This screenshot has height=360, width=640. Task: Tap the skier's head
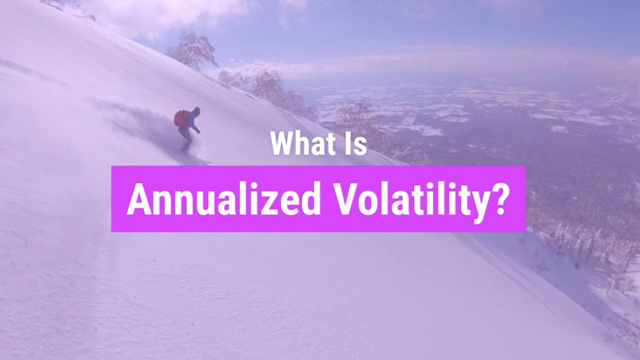[x=196, y=110]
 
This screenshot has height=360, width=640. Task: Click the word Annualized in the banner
[x=223, y=199]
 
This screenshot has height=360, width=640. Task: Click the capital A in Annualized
[x=138, y=199]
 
